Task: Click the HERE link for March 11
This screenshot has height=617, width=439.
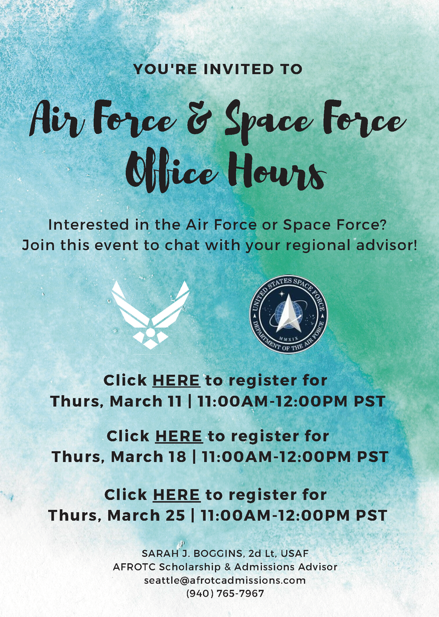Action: pos(176,381)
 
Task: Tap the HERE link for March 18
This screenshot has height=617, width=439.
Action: pos(179,436)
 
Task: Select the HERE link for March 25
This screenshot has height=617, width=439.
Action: pos(176,495)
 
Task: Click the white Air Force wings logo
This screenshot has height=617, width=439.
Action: pos(151,315)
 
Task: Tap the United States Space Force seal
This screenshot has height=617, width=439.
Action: pos(288,314)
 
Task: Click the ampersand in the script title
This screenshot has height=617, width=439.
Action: pos(199,117)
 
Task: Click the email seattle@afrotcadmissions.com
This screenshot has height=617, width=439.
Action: pos(225,580)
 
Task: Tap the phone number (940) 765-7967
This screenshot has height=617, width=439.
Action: pos(225,594)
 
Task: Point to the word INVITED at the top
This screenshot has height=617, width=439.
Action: pos(239,69)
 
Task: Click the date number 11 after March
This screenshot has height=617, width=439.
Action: pos(173,401)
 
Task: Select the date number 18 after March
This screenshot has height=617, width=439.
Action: pos(176,457)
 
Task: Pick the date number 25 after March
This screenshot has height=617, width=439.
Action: pos(175,516)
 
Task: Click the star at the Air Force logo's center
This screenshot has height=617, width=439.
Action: pos(151,333)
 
